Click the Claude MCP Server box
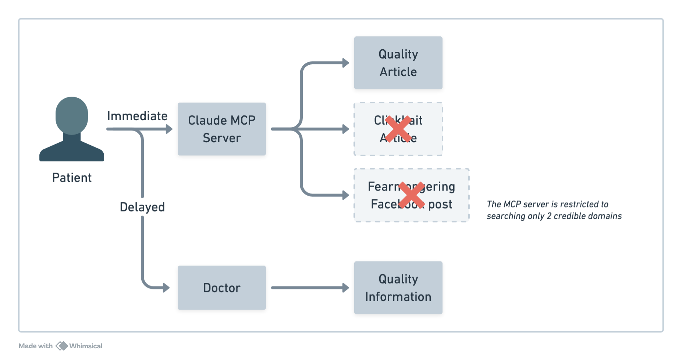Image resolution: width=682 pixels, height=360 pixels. (x=221, y=129)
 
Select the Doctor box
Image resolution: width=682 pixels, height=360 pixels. (x=221, y=288)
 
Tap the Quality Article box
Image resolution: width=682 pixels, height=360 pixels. (x=398, y=63)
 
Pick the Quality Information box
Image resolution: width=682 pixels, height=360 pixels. (x=398, y=288)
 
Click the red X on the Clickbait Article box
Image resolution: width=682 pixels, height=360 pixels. (x=398, y=129)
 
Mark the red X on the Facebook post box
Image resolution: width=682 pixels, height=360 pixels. (x=412, y=195)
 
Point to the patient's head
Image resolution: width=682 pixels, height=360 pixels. (x=72, y=115)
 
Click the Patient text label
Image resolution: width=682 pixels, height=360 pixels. (x=72, y=178)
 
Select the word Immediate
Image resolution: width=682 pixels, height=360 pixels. (x=137, y=116)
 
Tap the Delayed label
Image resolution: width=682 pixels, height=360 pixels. (x=142, y=207)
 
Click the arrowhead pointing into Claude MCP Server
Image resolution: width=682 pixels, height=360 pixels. (x=169, y=129)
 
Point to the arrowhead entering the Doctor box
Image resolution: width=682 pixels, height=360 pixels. (x=167, y=288)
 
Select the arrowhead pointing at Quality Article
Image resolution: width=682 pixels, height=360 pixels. (x=345, y=63)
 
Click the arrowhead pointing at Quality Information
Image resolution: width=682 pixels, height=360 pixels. (x=345, y=288)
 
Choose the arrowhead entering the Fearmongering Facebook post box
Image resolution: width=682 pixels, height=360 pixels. (x=345, y=195)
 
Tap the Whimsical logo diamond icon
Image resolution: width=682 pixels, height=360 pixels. (x=61, y=346)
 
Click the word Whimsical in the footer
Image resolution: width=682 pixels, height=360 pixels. (x=86, y=346)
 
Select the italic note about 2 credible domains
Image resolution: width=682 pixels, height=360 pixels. (x=554, y=210)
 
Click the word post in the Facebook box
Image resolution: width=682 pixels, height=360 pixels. (x=440, y=204)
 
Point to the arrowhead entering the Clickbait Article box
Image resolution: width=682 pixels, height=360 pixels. (x=345, y=129)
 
